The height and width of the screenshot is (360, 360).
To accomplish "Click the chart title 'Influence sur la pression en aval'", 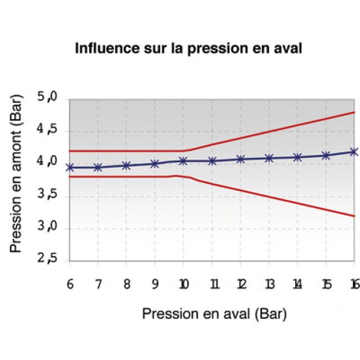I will click(x=188, y=48).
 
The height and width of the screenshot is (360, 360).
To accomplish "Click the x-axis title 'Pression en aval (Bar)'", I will click(x=214, y=314).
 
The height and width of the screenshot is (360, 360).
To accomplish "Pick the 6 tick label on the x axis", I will click(x=69, y=284).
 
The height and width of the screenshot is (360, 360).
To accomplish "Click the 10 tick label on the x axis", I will click(x=183, y=284).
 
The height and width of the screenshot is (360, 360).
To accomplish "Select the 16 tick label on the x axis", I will click(x=354, y=284).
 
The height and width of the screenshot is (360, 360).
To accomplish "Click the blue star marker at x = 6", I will click(x=70, y=167).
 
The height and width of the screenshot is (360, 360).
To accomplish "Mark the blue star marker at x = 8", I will click(x=126, y=166).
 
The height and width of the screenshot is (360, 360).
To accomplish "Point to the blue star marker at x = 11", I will click(x=212, y=161).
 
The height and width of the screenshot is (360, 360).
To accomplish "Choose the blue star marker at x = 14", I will click(x=297, y=157).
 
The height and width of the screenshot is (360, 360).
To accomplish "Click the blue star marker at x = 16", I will click(x=354, y=152).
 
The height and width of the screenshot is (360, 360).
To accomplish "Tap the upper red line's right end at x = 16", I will click(x=354, y=112).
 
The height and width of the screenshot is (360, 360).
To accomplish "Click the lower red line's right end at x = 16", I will click(x=354, y=216).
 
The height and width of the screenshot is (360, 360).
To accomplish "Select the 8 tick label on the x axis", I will click(x=126, y=284).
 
